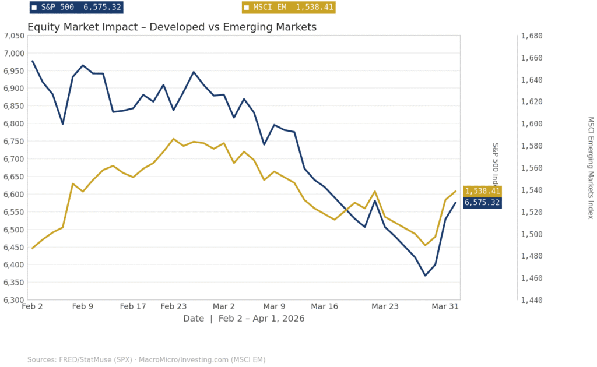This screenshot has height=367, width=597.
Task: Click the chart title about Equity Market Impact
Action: (172, 27)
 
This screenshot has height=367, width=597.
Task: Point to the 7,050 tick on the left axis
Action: (13, 36)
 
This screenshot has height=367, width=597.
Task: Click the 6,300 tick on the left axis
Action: (13, 300)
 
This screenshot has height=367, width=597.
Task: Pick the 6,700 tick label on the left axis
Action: (13, 159)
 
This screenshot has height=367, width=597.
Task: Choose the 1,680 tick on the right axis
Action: (532, 36)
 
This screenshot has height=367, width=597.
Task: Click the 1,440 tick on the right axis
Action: (532, 300)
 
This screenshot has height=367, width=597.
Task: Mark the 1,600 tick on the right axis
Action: (532, 123)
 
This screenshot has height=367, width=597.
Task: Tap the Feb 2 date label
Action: (32, 306)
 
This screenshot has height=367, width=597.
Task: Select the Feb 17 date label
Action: (133, 306)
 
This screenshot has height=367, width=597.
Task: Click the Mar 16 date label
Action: (325, 306)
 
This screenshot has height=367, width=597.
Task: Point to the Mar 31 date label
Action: (445, 306)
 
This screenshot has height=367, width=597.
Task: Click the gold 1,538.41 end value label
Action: (482, 191)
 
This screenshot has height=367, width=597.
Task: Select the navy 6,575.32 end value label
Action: (482, 203)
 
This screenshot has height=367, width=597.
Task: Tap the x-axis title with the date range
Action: (244, 319)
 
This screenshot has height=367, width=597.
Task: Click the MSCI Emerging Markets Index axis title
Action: (591, 168)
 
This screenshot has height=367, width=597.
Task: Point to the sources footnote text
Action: (146, 359)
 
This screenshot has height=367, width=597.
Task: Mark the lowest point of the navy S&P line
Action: (425, 276)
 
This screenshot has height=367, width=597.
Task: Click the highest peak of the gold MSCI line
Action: (173, 139)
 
